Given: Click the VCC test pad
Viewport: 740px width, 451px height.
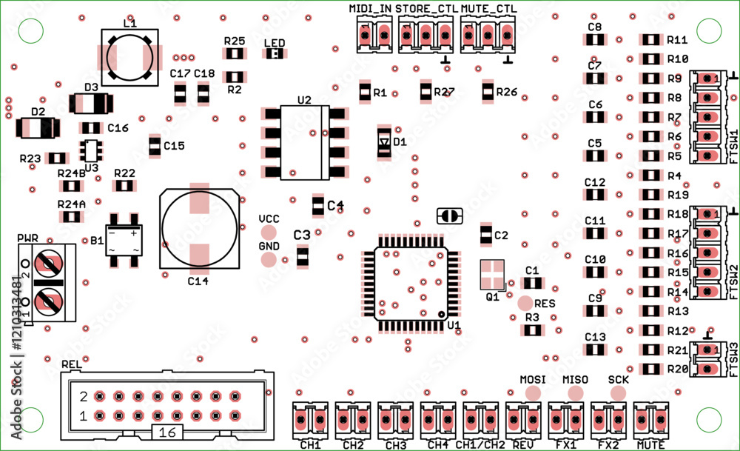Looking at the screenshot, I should point(269,233).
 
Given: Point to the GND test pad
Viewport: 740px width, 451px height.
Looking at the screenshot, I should point(269,260).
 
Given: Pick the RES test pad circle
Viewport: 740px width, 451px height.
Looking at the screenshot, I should point(525,303).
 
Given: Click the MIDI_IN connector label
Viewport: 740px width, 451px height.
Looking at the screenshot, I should point(370,8).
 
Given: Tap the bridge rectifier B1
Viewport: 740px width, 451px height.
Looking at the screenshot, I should point(124,241).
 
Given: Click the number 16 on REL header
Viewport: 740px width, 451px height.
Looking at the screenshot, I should point(167,432).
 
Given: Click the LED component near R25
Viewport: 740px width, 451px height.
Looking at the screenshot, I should point(275,54).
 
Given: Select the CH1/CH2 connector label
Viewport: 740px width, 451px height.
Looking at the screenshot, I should point(484,445).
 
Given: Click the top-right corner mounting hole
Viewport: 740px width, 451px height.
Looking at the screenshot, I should point(709,30).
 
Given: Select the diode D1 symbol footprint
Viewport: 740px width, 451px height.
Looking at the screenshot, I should point(383,141).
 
